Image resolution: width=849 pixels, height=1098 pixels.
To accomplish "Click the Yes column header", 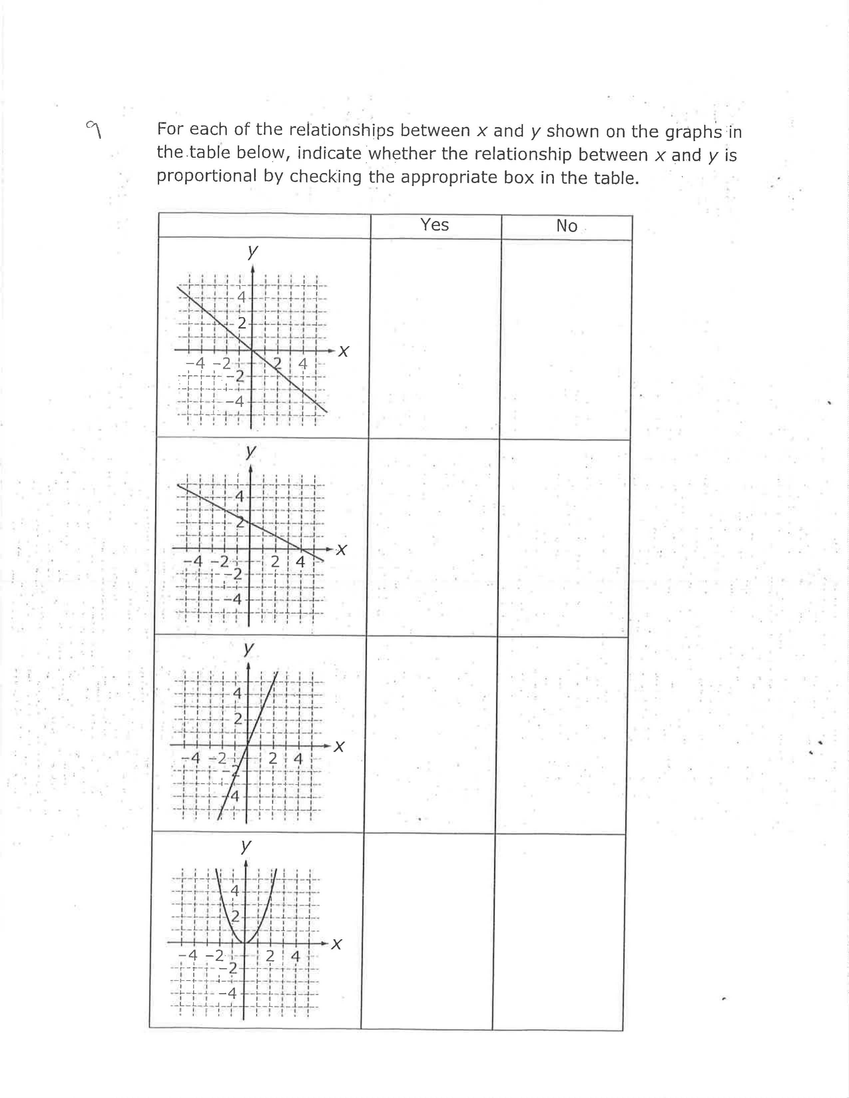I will pyautogui.click(x=434, y=225).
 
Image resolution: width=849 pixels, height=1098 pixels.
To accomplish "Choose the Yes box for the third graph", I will pyautogui.click(x=431, y=734).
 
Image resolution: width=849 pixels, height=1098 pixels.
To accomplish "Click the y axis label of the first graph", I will pyautogui.click(x=252, y=251).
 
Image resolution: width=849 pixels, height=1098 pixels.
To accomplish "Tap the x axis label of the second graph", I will pyautogui.click(x=342, y=550).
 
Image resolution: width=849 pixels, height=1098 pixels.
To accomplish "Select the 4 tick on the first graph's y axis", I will pyautogui.click(x=241, y=297).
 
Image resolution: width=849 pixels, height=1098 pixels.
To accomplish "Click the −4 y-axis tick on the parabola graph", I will pyautogui.click(x=229, y=993).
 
